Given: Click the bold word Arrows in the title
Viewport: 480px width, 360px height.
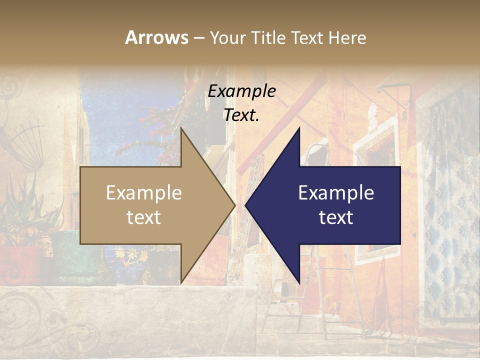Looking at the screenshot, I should [156, 37].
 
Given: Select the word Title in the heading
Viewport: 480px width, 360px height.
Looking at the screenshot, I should [267, 37].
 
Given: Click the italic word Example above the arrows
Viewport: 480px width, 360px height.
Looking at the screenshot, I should [241, 91].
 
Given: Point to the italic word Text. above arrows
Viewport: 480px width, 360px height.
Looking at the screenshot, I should [241, 115].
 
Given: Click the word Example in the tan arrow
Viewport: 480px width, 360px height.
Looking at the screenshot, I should [144, 192].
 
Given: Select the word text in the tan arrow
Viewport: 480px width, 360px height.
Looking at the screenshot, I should [144, 217].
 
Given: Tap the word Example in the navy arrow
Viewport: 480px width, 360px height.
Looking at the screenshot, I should [336, 192].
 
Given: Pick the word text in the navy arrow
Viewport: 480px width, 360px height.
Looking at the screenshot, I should [336, 217].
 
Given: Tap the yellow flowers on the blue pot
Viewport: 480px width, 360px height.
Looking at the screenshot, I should [131, 256].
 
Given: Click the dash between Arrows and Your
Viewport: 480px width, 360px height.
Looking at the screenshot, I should [198, 38].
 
